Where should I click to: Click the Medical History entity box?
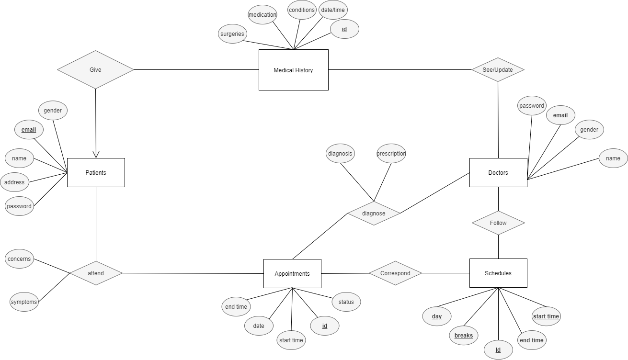pyautogui.click(x=293, y=70)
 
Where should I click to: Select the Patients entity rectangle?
pyautogui.click(x=96, y=172)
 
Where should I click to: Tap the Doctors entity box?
pyautogui.click(x=498, y=172)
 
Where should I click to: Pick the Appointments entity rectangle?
pyautogui.click(x=292, y=273)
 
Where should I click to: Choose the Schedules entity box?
pyautogui.click(x=498, y=273)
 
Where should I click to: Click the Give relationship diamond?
pyautogui.click(x=95, y=69)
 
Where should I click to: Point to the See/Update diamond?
pyautogui.click(x=498, y=69)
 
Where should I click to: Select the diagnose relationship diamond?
pyautogui.click(x=374, y=213)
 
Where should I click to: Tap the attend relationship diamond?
pyautogui.click(x=96, y=273)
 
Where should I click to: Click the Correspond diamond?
pyautogui.click(x=395, y=273)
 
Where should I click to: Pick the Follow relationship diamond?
pyautogui.click(x=498, y=223)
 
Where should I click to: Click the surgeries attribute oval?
pyautogui.click(x=232, y=34)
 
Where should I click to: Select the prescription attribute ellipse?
pyautogui.click(x=391, y=154)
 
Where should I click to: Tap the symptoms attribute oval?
pyautogui.click(x=24, y=302)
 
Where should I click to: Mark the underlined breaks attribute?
pyautogui.click(x=464, y=336)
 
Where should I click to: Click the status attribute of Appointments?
pyautogui.click(x=346, y=302)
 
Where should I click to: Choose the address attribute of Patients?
pyautogui.click(x=14, y=182)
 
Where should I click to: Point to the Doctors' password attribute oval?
pyautogui.click(x=532, y=106)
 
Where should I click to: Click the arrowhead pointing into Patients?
pyautogui.click(x=96, y=154)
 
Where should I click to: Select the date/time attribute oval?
pyautogui.click(x=332, y=10)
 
